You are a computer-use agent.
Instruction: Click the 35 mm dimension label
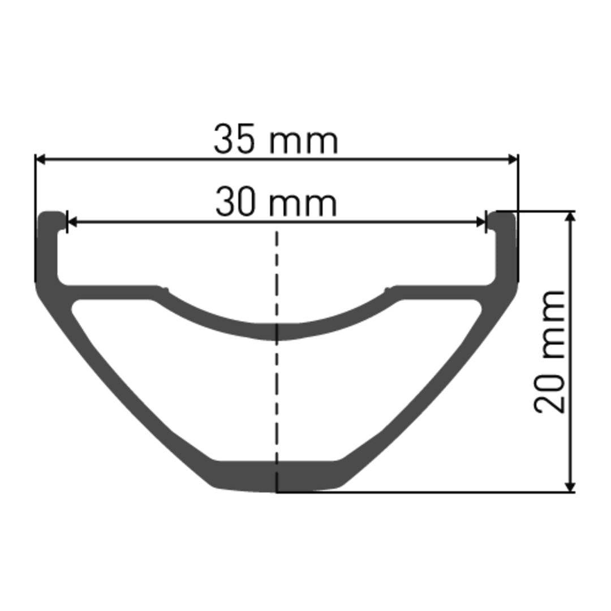pyautogui.click(x=276, y=140)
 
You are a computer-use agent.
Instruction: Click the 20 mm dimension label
pyautogui.click(x=550, y=351)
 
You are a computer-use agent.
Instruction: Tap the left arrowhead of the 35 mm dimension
pyautogui.click(x=40, y=160)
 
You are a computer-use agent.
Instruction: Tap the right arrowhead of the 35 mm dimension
pyautogui.click(x=513, y=160)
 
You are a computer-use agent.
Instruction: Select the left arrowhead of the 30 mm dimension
pyautogui.click(x=72, y=222)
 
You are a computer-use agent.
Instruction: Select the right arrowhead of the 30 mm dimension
pyautogui.click(x=481, y=222)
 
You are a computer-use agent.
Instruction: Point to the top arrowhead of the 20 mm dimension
pyautogui.click(x=571, y=216)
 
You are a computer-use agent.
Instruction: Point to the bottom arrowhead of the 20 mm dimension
pyautogui.click(x=571, y=487)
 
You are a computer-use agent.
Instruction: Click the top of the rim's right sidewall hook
pyautogui.click(x=504, y=216)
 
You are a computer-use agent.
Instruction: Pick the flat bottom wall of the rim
pyautogui.click(x=277, y=475)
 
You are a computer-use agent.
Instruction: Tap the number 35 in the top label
pyautogui.click(x=234, y=140)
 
